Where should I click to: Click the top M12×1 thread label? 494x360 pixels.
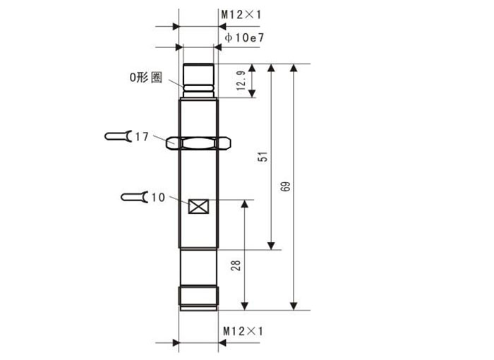click(241, 15)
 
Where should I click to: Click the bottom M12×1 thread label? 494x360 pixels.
click(243, 331)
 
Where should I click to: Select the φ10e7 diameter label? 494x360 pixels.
click(244, 38)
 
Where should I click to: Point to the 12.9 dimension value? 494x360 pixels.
click(241, 80)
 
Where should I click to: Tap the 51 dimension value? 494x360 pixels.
click(263, 157)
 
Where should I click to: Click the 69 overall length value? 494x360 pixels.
click(285, 186)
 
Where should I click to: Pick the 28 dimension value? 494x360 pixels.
click(236, 265)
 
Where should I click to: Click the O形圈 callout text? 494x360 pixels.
click(146, 77)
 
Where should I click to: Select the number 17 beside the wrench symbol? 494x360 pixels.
click(142, 137)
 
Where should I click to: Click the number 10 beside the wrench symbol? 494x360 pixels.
click(159, 198)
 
